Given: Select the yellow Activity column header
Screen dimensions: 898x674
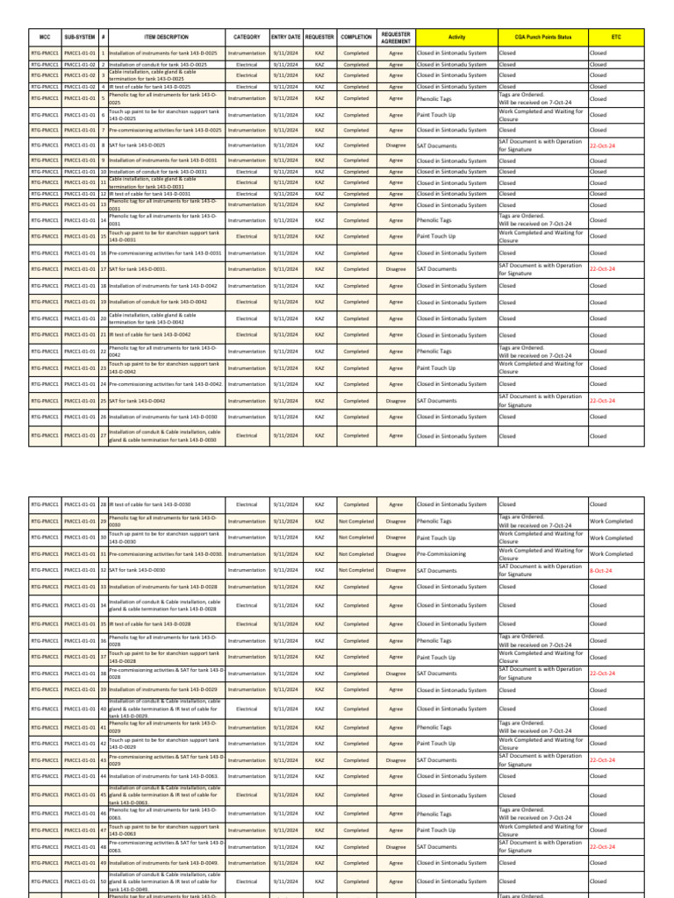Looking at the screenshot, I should [456, 38].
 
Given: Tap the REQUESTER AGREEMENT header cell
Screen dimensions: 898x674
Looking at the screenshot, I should [396, 38].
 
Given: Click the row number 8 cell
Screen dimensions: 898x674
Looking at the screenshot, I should [103, 146].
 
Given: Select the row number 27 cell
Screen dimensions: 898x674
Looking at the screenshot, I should [103, 435].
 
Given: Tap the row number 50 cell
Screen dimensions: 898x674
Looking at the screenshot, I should [103, 881].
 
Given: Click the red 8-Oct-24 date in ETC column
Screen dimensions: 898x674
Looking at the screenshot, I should [601, 570].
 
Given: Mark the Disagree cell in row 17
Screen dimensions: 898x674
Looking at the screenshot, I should [396, 269].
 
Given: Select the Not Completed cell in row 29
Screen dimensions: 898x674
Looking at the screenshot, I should [356, 521].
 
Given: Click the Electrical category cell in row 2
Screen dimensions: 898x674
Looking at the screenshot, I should [247, 65].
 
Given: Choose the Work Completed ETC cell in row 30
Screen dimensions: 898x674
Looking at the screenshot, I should [611, 538].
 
